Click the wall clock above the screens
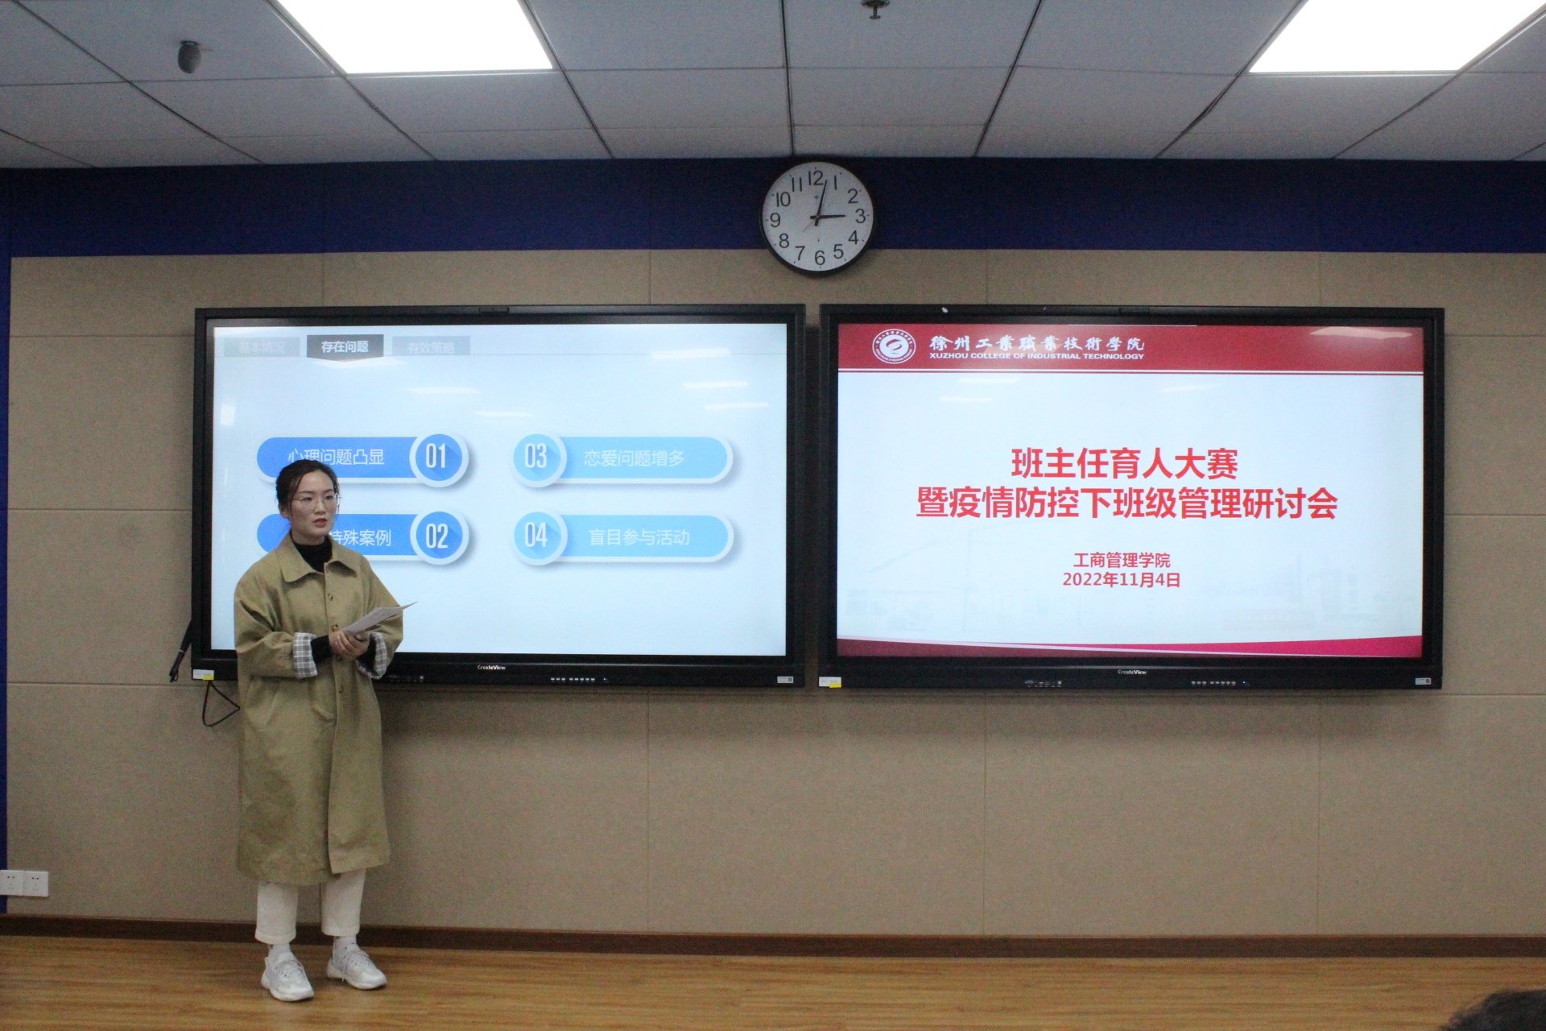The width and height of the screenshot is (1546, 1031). click(816, 217)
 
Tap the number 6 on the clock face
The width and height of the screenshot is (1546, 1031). click(819, 258)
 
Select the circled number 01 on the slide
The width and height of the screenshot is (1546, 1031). click(437, 457)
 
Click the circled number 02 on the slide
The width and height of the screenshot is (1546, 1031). click(437, 536)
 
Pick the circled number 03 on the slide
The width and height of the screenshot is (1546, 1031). click(536, 457)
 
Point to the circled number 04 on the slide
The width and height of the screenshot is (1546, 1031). click(536, 536)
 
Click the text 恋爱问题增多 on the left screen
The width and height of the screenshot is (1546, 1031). click(635, 458)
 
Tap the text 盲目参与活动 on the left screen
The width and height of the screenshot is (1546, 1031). click(639, 537)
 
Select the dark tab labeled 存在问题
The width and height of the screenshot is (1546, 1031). click(345, 346)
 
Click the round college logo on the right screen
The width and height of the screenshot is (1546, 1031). click(894, 347)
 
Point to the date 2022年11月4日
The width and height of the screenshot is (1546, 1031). click(1121, 580)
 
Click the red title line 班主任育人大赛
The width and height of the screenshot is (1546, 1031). click(1124, 463)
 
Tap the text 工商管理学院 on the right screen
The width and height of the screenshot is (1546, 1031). click(1121, 560)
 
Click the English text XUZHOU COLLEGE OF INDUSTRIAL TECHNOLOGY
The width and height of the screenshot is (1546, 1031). click(1036, 356)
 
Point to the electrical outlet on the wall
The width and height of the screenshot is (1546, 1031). click(24, 883)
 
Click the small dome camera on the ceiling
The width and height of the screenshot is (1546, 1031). click(189, 56)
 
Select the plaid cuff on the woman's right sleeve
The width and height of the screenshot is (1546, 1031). click(304, 655)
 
